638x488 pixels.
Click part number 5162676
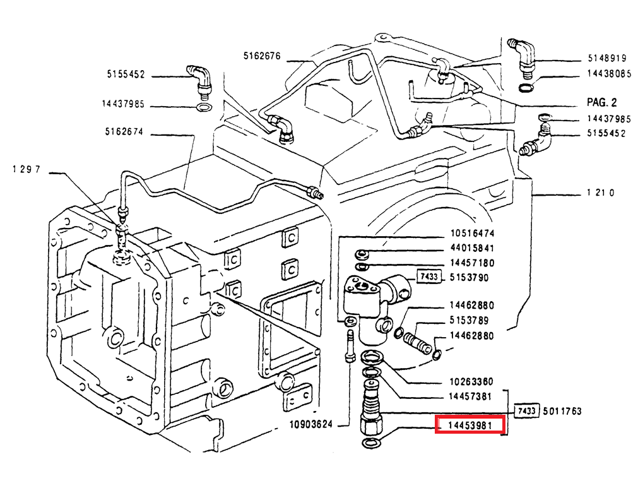pos(261,56)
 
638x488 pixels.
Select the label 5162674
pos(124,132)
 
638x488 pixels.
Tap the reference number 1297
pos(27,169)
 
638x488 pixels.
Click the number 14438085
pos(609,73)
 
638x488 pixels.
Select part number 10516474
pos(471,233)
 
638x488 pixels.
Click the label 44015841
pos(471,248)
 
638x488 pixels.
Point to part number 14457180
pos(471,263)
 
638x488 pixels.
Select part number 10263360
pos(471,381)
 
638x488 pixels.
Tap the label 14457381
pos(471,396)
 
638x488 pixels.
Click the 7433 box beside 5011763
pos(526,411)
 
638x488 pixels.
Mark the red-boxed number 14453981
pos(470,425)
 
